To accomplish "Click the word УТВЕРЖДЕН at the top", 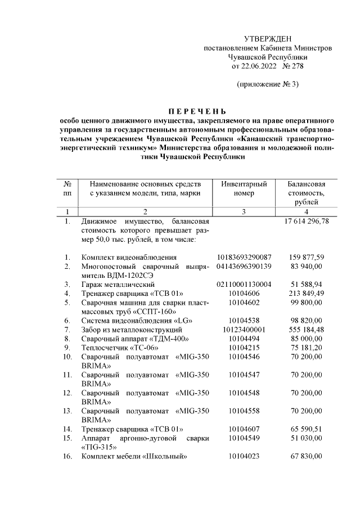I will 268,38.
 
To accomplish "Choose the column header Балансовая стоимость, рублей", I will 306,193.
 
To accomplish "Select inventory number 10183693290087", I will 244,257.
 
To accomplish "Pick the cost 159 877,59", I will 306,257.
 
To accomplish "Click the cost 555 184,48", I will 306,329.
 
